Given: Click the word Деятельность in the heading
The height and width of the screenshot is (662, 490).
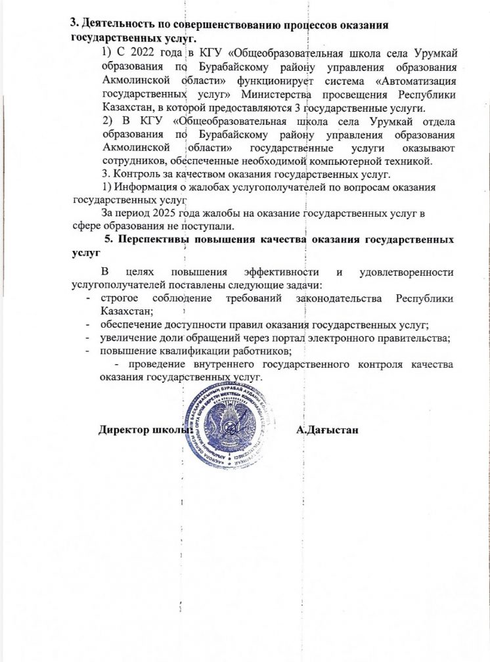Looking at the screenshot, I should click(x=114, y=24).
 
